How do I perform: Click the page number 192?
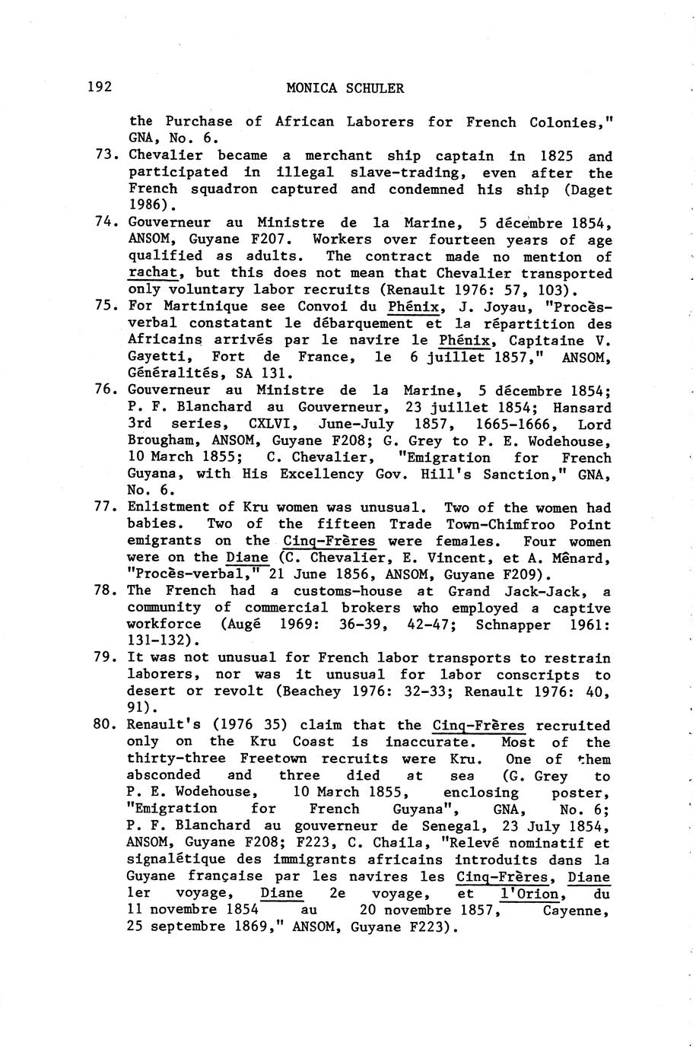[x=100, y=87]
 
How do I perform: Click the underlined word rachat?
[x=152, y=272]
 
